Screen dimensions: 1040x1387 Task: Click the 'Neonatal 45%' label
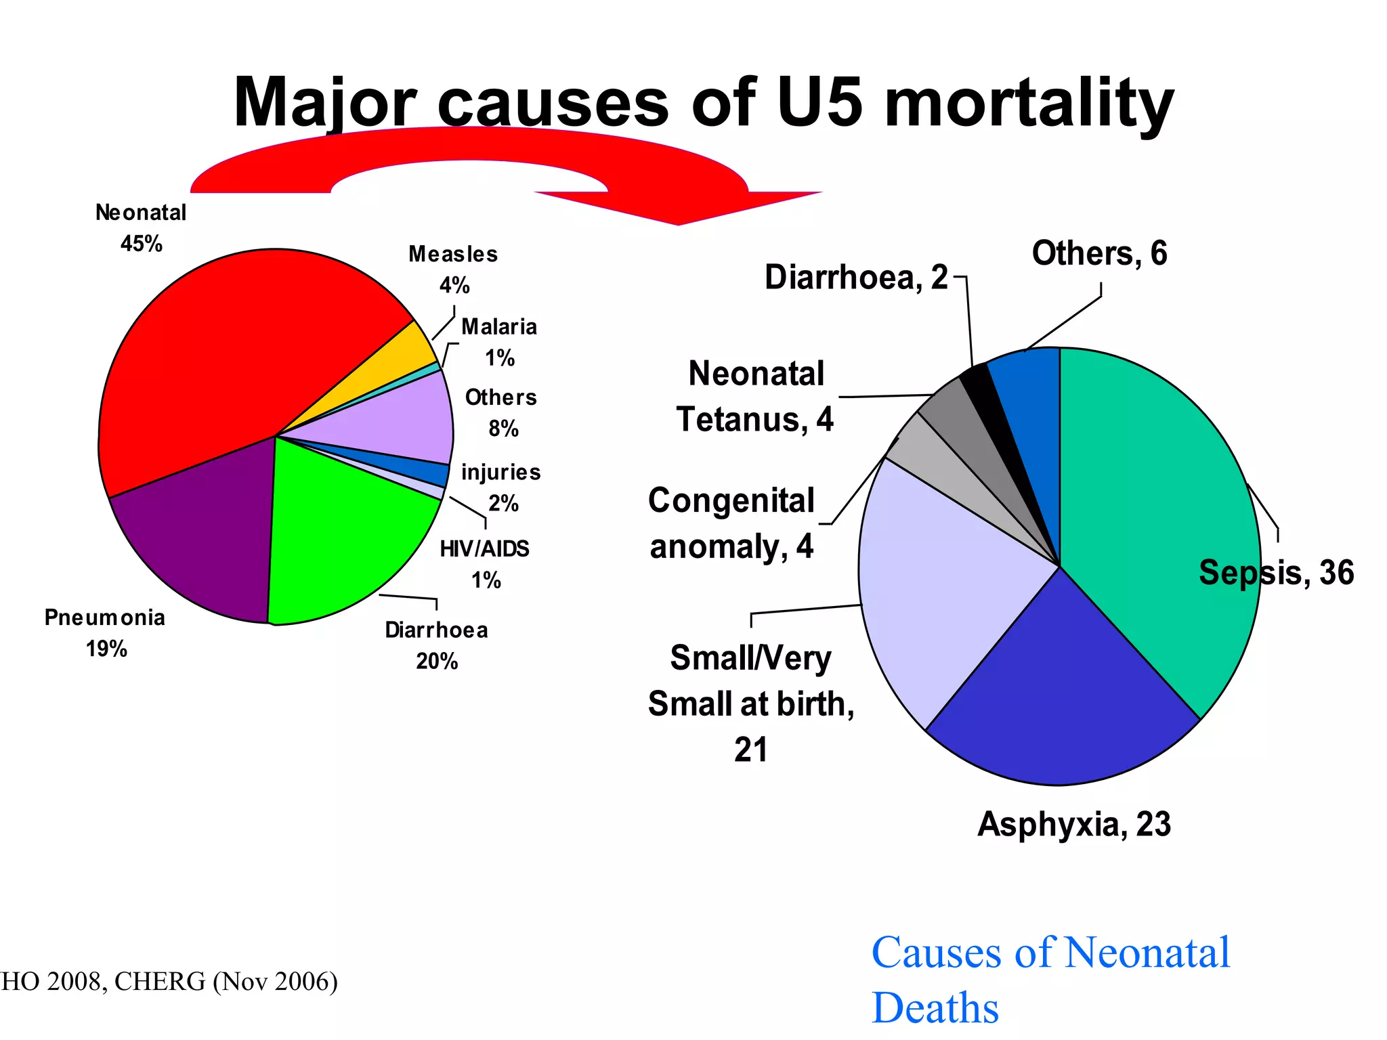coord(141,228)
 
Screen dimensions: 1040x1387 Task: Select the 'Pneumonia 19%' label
coord(105,633)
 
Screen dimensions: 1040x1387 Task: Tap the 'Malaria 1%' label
coord(499,342)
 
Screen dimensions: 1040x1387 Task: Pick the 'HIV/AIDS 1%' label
coord(485,564)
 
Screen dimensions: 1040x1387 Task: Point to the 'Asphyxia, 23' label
coord(1074,825)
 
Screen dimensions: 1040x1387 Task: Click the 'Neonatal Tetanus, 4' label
coord(755,396)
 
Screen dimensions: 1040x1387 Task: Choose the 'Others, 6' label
coord(1099,254)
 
